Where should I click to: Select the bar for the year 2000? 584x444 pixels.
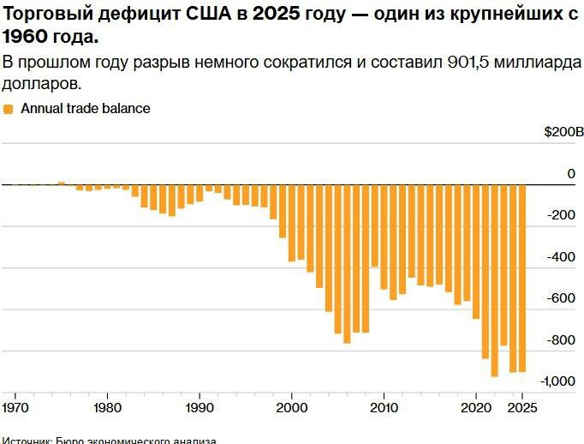coord(292,222)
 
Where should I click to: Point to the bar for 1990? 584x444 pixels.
coord(200,194)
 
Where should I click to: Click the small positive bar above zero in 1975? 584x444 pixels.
coord(62,183)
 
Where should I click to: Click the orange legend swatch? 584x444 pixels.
coord(9,109)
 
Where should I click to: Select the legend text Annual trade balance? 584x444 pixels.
coord(85,109)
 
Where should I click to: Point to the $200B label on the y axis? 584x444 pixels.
coord(563,133)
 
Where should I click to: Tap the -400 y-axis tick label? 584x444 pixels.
coord(562,257)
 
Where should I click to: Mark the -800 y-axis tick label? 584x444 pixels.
coord(562,340)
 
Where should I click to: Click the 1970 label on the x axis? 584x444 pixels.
coord(15,407)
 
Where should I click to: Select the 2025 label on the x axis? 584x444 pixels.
coord(522,407)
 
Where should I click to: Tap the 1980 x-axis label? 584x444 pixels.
coord(107,407)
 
